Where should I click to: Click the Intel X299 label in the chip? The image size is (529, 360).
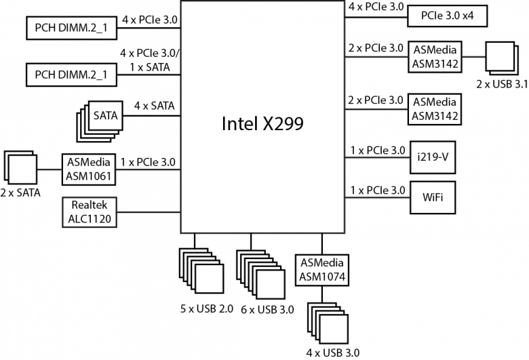262,123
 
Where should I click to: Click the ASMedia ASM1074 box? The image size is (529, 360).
322,269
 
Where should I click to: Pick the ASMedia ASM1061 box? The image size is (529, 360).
89,169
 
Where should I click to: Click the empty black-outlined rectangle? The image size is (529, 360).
89,212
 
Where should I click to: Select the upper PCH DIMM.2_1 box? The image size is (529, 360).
71,29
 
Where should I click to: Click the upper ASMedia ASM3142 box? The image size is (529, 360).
435,58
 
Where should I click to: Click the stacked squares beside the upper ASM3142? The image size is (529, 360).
500,58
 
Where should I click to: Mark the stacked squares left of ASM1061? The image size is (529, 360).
20,168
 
